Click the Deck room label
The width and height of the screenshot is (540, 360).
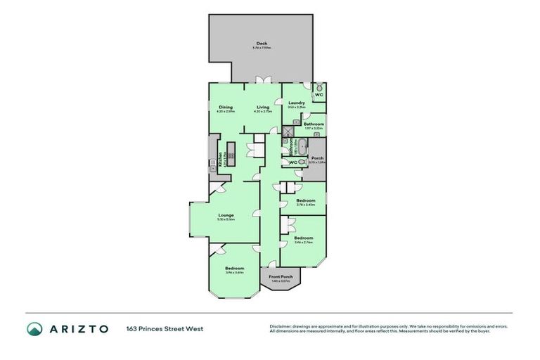[x=262, y=44]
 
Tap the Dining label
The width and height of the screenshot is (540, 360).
[x=226, y=107]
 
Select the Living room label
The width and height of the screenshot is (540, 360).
[x=262, y=107]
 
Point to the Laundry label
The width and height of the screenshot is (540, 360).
[x=296, y=103]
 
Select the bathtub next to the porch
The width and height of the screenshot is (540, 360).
[x=301, y=147]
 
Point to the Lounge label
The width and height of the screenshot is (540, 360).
[x=226, y=215]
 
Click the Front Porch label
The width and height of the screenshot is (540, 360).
[x=280, y=276]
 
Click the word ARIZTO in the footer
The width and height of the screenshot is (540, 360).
[x=78, y=328]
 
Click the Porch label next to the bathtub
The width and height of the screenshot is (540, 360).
[x=317, y=158]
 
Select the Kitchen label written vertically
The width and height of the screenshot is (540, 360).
[x=219, y=159]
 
